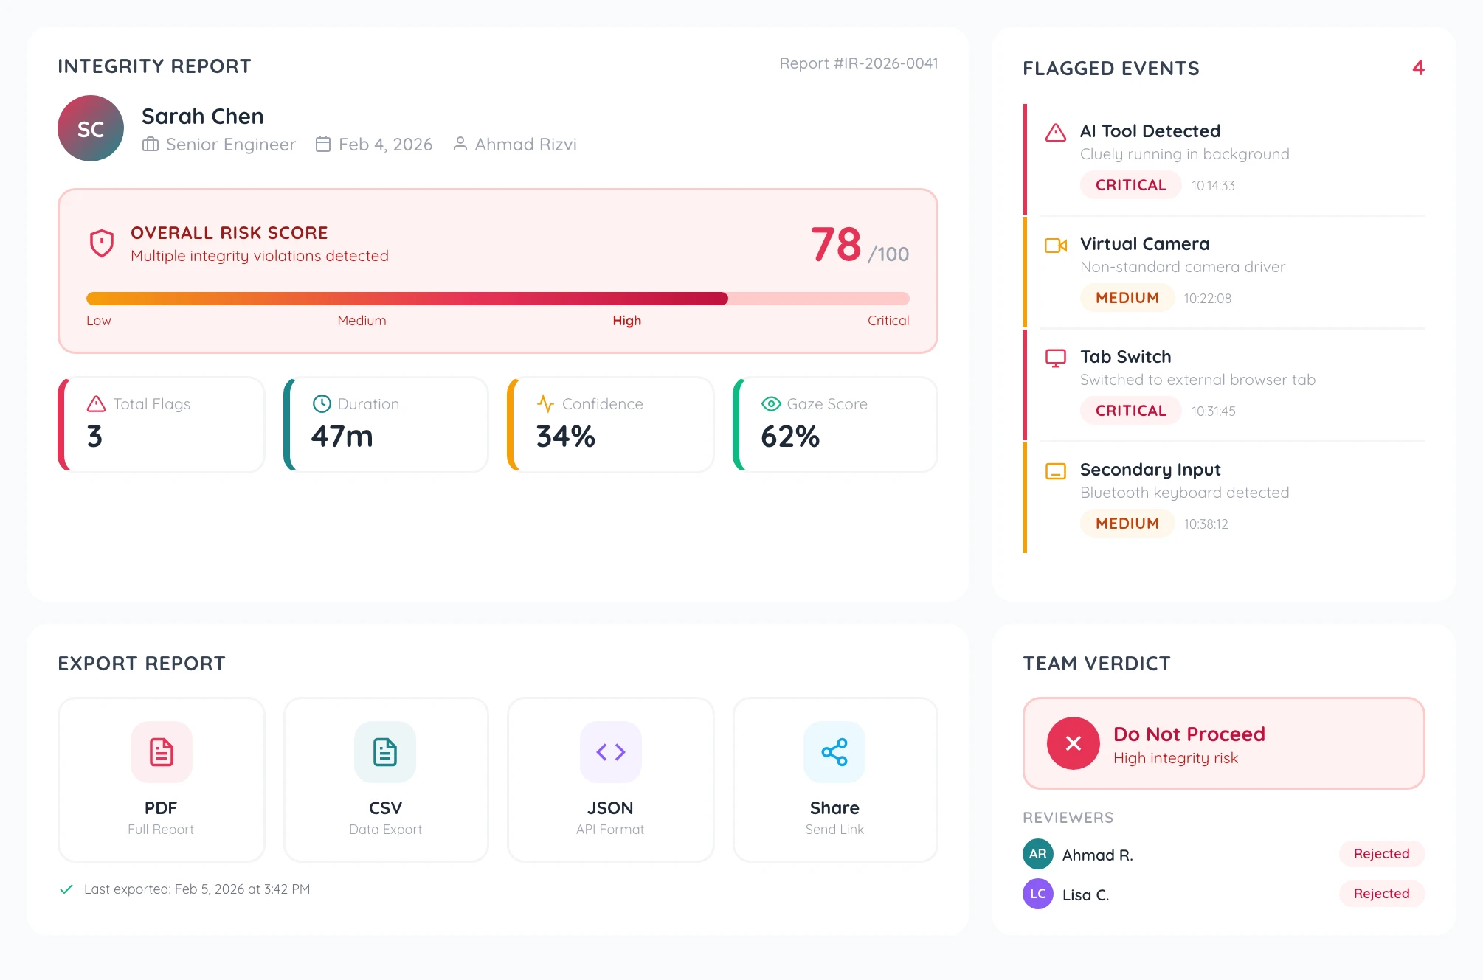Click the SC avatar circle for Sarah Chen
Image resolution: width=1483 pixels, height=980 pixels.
coord(91,129)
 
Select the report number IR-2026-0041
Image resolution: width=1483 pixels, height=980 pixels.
coord(859,63)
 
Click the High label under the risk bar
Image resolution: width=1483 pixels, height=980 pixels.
coord(626,321)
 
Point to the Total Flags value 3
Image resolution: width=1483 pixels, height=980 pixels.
coord(95,437)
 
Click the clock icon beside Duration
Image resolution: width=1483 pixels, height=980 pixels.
coord(322,403)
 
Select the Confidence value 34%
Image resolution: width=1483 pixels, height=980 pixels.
coord(565,437)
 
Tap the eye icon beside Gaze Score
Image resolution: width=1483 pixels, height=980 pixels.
coord(771,403)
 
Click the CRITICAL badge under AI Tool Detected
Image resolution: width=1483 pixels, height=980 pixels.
coord(1130,185)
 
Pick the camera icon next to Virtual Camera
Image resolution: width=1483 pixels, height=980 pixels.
coord(1056,246)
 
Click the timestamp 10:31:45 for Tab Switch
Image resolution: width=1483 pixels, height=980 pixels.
coord(1213,411)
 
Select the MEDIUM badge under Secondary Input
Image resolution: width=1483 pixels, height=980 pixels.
coord(1127,524)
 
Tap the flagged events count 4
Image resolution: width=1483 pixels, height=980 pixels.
coord(1418,68)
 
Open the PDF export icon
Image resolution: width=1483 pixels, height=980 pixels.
coord(162,752)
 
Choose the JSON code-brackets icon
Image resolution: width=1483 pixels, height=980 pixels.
coord(611,752)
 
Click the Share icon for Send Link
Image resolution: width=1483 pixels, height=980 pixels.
coord(834,752)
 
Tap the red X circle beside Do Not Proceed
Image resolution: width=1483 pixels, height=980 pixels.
coord(1073,743)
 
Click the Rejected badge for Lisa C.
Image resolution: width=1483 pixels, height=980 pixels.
coord(1381,894)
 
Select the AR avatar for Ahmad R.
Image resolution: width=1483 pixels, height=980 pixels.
coord(1037,854)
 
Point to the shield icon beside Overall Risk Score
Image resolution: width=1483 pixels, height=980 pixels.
coord(102,243)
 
